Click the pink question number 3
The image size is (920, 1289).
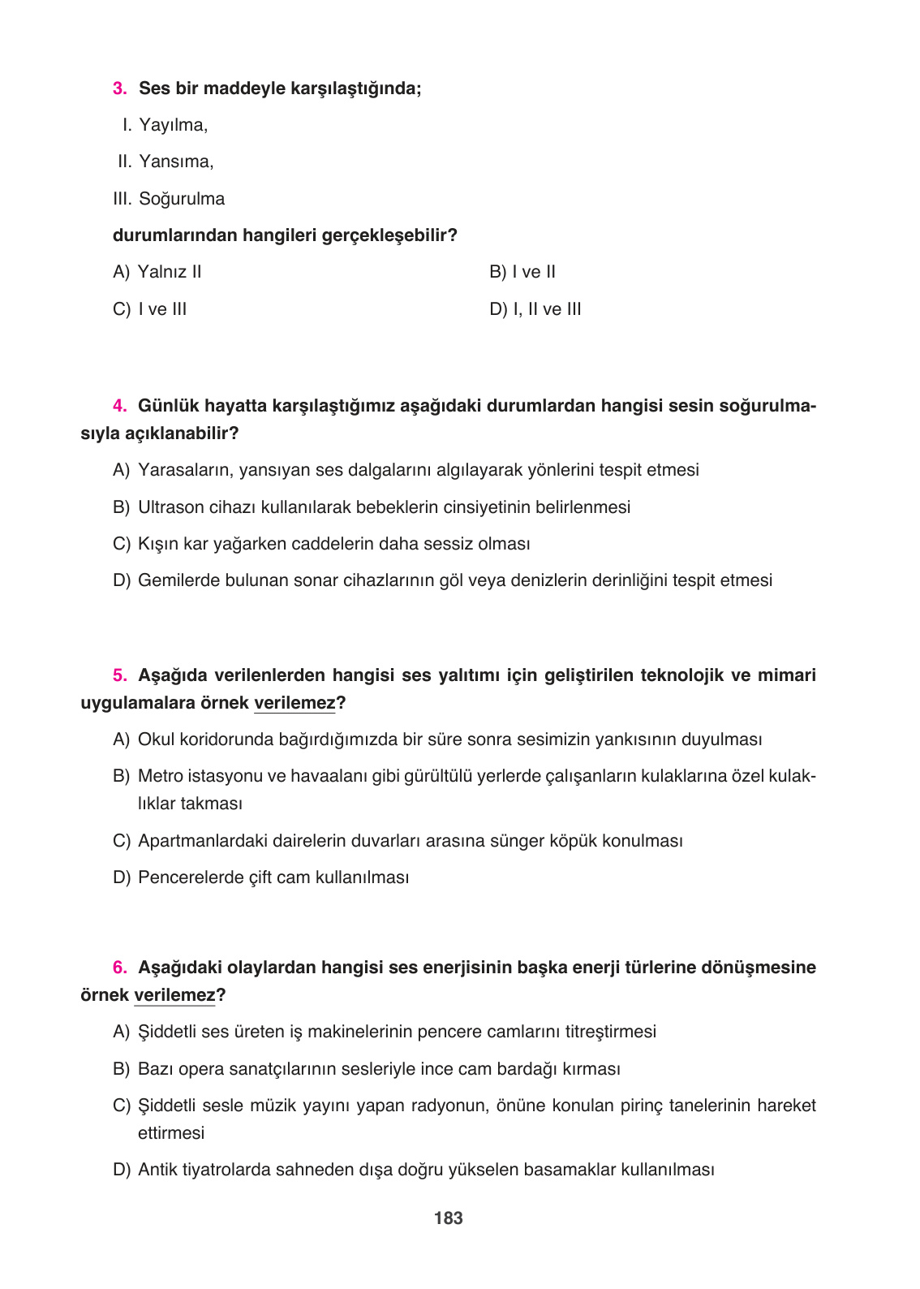119,88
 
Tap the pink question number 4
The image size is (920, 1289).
119,406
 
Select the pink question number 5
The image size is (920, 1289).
119,675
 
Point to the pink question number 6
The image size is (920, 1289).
119,968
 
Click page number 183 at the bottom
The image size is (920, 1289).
449,1218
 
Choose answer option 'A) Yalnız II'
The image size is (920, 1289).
157,272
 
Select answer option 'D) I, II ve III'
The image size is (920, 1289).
535,309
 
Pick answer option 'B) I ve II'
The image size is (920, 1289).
522,272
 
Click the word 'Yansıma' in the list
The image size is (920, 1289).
174,162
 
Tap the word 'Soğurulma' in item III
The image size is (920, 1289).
182,199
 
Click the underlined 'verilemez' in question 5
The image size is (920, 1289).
294,703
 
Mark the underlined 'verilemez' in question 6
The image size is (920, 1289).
175,995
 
